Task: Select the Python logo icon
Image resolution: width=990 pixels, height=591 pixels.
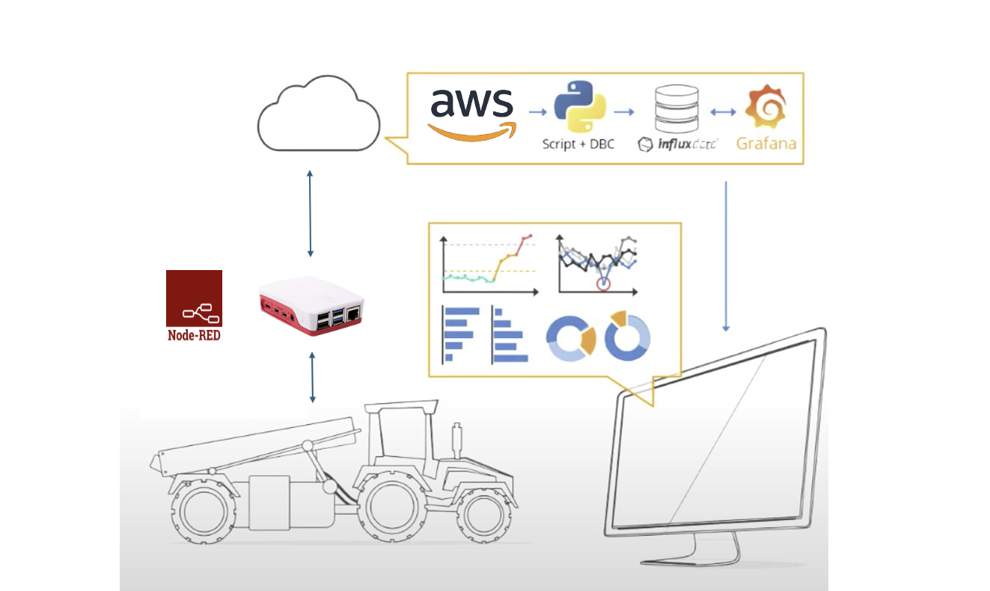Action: (x=579, y=108)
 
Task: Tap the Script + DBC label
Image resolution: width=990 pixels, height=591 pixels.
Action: (x=578, y=144)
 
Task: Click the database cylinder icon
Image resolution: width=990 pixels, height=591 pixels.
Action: (x=676, y=108)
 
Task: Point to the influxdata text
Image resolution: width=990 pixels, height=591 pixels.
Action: (x=678, y=144)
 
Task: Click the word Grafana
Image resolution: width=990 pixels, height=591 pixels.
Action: (x=766, y=143)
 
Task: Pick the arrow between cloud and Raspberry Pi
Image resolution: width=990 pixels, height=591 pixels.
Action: (x=310, y=214)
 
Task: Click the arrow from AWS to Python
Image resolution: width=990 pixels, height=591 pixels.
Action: (x=537, y=112)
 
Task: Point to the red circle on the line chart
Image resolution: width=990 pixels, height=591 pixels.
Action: (x=604, y=284)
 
